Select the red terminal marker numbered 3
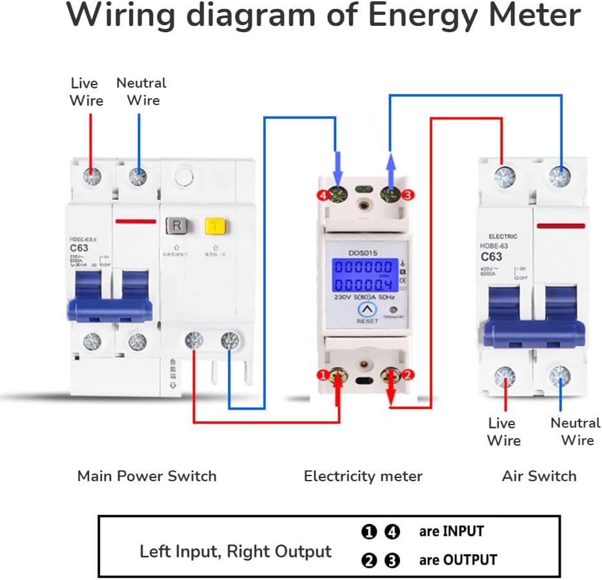[x=406, y=194]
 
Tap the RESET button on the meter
[x=367, y=311]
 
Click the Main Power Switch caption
[x=146, y=476]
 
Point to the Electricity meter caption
[x=363, y=476]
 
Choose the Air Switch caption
[x=539, y=476]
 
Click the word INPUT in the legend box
[x=461, y=532]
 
